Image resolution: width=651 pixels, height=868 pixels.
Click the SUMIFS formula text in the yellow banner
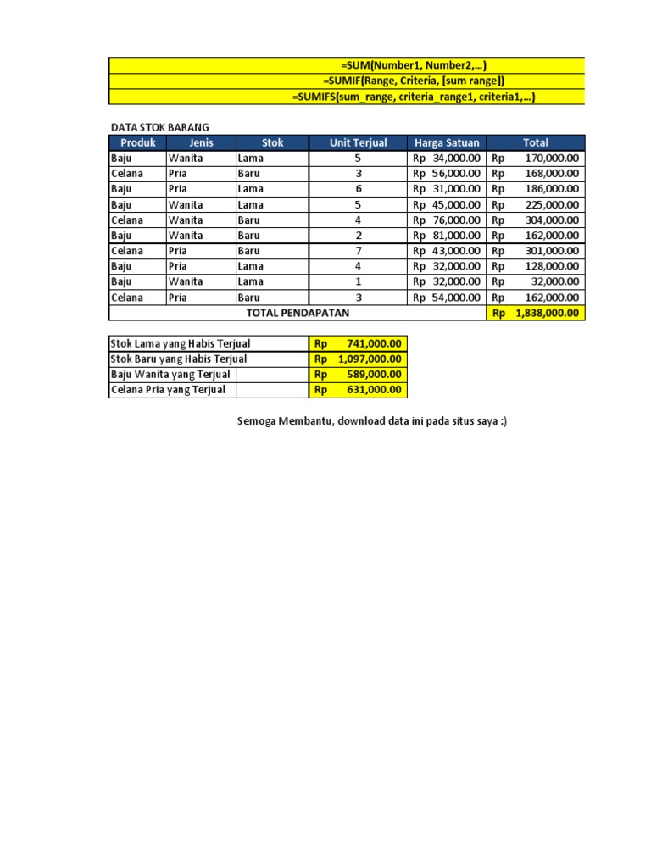pyautogui.click(x=414, y=97)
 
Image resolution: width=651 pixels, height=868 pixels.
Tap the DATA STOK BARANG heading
pyautogui.click(x=160, y=127)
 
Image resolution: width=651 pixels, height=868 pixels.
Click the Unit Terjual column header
pyautogui.click(x=358, y=142)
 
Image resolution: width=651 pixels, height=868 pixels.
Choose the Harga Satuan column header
pyautogui.click(x=447, y=142)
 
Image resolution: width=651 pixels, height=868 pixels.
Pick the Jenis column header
pyautogui.click(x=201, y=142)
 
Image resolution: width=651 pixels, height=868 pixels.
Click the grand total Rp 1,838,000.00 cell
pyautogui.click(x=536, y=313)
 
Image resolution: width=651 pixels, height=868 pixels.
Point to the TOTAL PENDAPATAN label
pyautogui.click(x=296, y=313)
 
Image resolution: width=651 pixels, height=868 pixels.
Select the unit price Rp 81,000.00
pyautogui.click(x=447, y=236)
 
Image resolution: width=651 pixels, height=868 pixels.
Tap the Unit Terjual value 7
pyautogui.click(x=358, y=251)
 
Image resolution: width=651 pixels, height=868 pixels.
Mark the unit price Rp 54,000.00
pyautogui.click(x=447, y=298)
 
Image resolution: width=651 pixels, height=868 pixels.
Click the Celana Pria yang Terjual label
pyautogui.click(x=169, y=390)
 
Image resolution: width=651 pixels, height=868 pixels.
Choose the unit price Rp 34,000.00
pyautogui.click(x=447, y=158)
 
